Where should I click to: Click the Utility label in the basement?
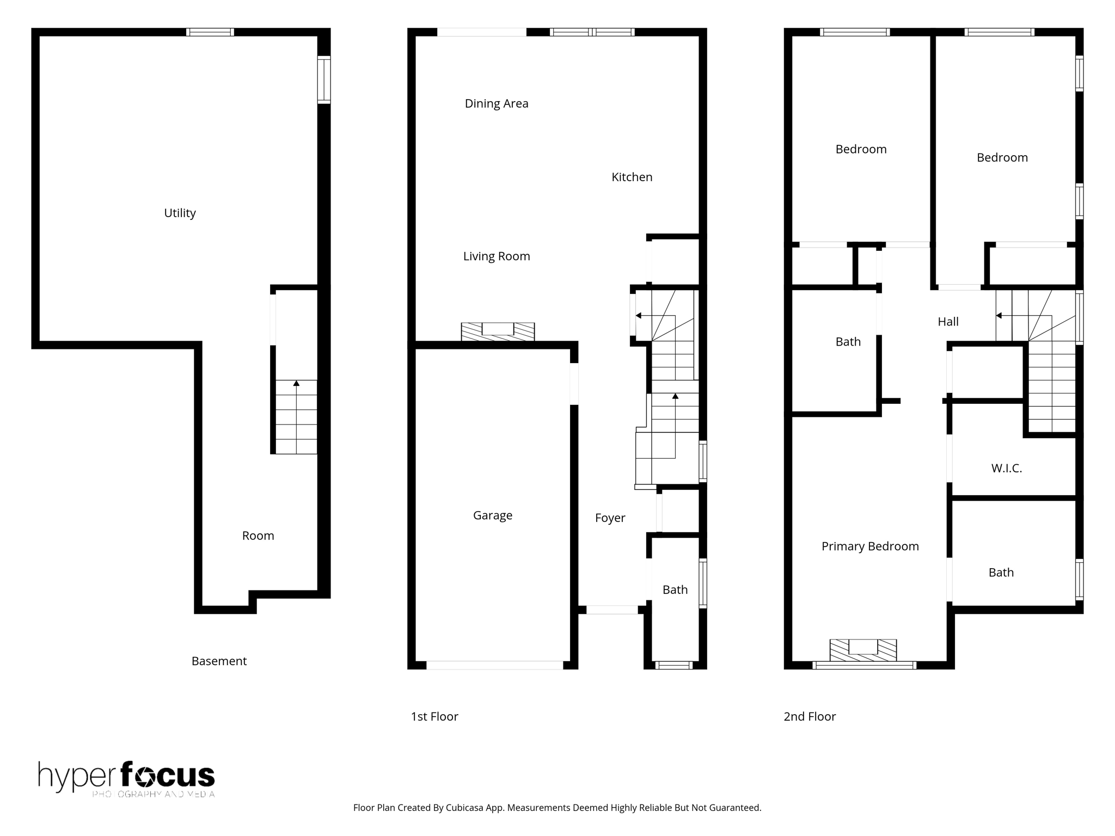click(x=180, y=213)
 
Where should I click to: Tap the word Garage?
click(x=492, y=515)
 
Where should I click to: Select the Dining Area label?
click(x=496, y=103)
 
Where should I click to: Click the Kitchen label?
click(x=632, y=177)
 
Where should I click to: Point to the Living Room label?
click(x=496, y=256)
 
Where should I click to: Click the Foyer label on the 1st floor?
click(x=610, y=518)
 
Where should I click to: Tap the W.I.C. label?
click(x=1006, y=468)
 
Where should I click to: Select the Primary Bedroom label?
click(x=869, y=546)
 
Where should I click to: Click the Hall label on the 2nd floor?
click(x=947, y=322)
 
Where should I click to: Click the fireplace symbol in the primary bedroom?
click(x=863, y=649)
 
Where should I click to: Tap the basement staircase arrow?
click(x=296, y=384)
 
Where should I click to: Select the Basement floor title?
click(x=219, y=661)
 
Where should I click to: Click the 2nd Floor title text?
click(x=809, y=716)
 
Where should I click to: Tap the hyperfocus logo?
click(x=126, y=778)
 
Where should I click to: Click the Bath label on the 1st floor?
click(x=675, y=589)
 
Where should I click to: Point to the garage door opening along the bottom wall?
click(x=494, y=665)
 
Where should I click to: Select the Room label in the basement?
click(x=258, y=536)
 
